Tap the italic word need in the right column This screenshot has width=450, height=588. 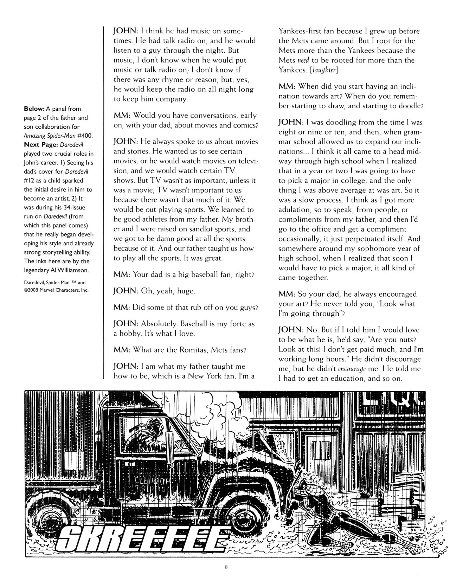tap(303, 60)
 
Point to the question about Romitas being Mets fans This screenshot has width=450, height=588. tap(180, 350)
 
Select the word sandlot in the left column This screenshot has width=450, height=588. tap(204, 229)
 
